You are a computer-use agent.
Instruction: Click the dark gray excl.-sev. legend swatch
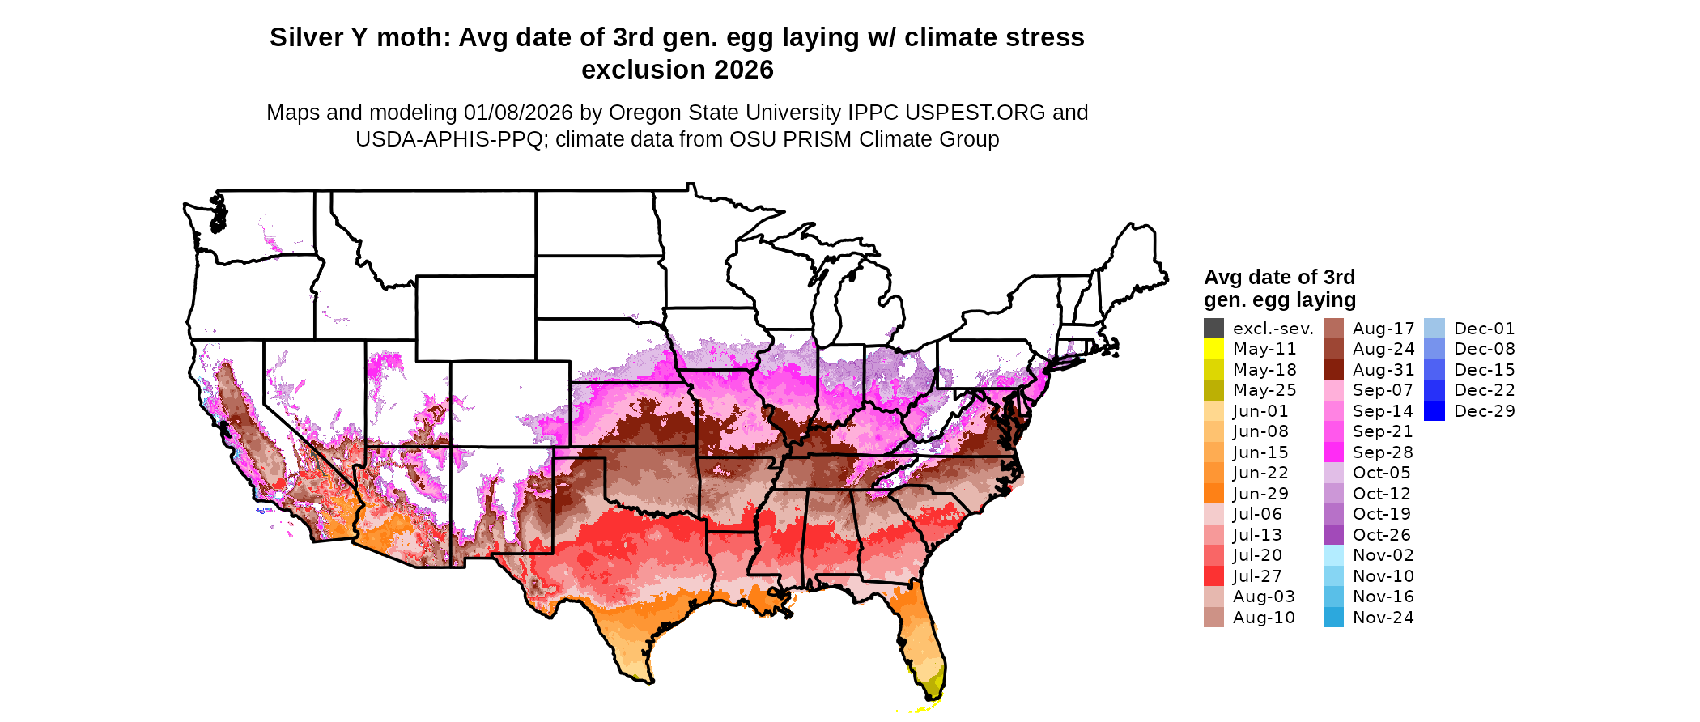coord(1213,329)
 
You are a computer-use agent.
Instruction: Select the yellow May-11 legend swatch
coord(1213,349)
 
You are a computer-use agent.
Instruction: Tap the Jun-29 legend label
coord(1260,494)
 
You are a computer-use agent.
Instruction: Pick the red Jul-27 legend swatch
coord(1213,576)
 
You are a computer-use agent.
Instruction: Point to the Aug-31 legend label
coord(1383,370)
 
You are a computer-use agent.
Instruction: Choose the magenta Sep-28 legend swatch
coord(1333,452)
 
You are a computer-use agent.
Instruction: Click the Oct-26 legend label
coord(1382,535)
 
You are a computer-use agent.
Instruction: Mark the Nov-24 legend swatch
coord(1333,618)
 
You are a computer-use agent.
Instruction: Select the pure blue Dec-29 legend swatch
coord(1434,411)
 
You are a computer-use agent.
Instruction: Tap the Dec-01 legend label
coord(1484,329)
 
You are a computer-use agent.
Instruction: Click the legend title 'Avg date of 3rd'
coord(1279,278)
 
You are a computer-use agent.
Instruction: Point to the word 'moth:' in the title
coord(411,38)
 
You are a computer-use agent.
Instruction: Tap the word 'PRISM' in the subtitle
coord(820,139)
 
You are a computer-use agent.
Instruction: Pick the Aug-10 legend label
coord(1264,618)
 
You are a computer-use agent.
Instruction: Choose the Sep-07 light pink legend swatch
coord(1333,390)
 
